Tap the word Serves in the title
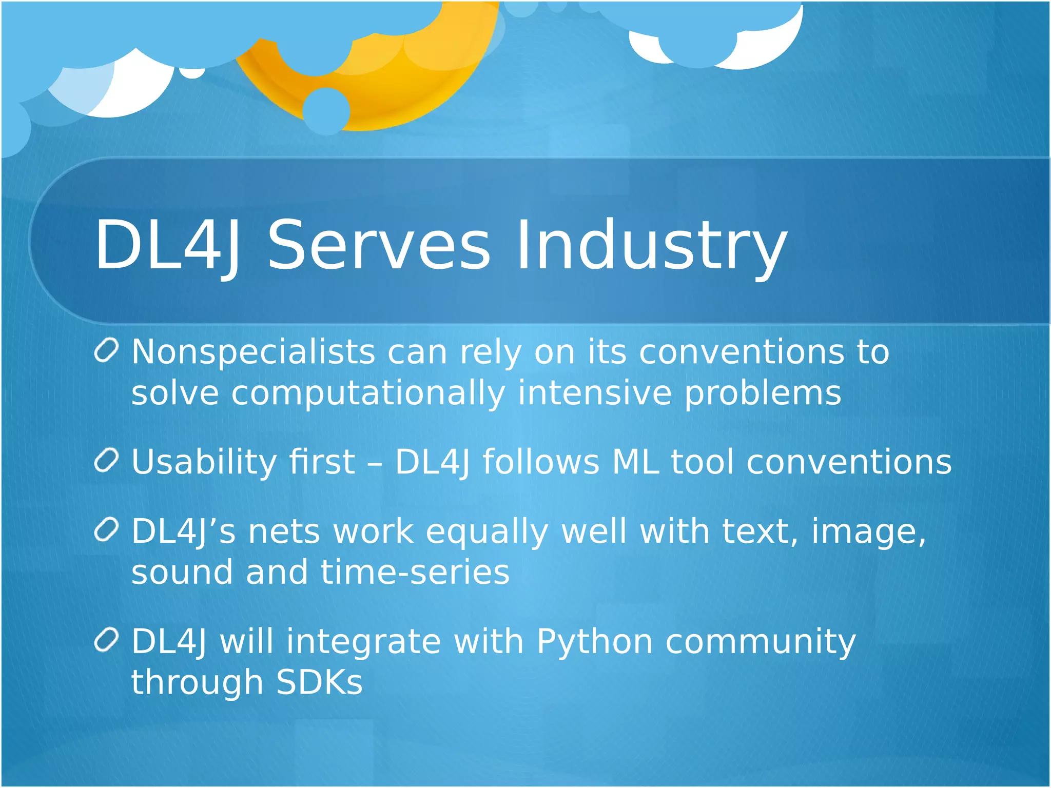(x=378, y=245)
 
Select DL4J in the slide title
(x=167, y=245)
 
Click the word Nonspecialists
(x=253, y=353)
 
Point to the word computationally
(x=368, y=394)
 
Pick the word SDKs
(x=319, y=682)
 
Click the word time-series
(x=415, y=573)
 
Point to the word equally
(x=486, y=533)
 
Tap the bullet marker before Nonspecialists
(x=107, y=351)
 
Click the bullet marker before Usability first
(x=107, y=460)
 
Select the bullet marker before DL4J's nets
(x=107, y=530)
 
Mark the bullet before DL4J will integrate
(x=107, y=640)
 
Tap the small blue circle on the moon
(x=326, y=111)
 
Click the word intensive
(x=594, y=394)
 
